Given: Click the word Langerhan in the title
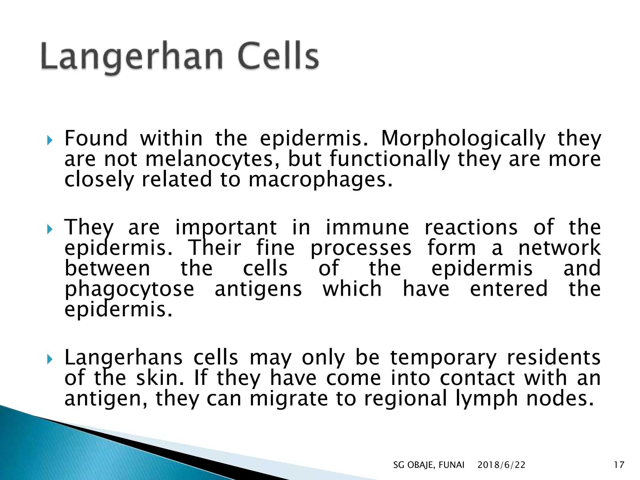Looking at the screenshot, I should pyautogui.click(x=131, y=56).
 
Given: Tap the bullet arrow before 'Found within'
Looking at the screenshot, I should pyautogui.click(x=50, y=140).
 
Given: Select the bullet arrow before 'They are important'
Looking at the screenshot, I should pyautogui.click(x=50, y=229).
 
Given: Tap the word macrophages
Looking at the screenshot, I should pyautogui.click(x=320, y=180).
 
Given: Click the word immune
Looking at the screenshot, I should pyautogui.click(x=367, y=227).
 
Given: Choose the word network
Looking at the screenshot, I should pyautogui.click(x=559, y=248).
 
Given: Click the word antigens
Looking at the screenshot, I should pyautogui.click(x=258, y=289).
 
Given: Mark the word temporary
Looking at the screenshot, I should pyautogui.click(x=443, y=358).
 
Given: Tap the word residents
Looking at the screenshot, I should pyautogui.click(x=553, y=357).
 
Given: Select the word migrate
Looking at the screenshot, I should pyautogui.click(x=289, y=399).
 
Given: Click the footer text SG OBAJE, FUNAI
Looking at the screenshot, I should pyautogui.click(x=428, y=465).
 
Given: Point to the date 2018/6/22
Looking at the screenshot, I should pyautogui.click(x=501, y=465).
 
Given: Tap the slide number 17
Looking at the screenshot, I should pyautogui.click(x=619, y=465).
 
